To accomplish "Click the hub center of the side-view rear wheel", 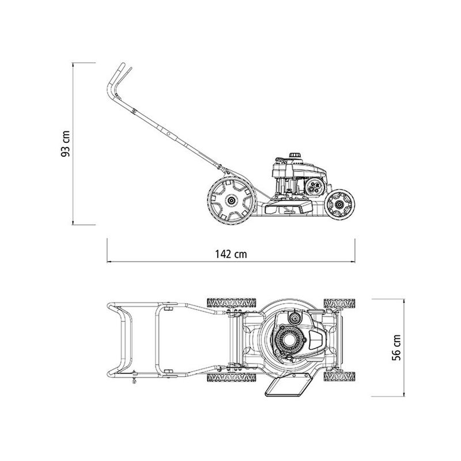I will tap(232, 200).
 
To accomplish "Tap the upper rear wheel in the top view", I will tap(231, 303).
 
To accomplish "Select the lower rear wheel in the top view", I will tap(231, 377).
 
